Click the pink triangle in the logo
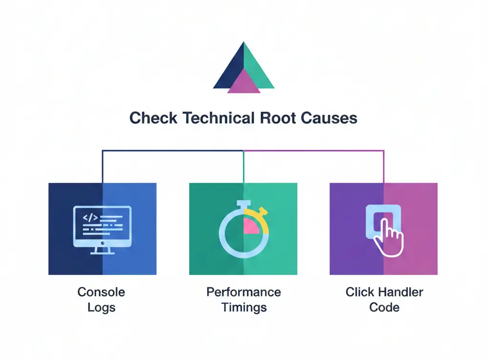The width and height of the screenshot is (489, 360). point(244,82)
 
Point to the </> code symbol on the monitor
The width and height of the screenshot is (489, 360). point(90,218)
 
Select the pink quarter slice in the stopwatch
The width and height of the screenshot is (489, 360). point(251,226)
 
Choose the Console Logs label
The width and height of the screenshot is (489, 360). point(101,299)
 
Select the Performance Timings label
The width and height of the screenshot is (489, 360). point(244,299)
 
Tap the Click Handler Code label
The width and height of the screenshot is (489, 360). point(384,299)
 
